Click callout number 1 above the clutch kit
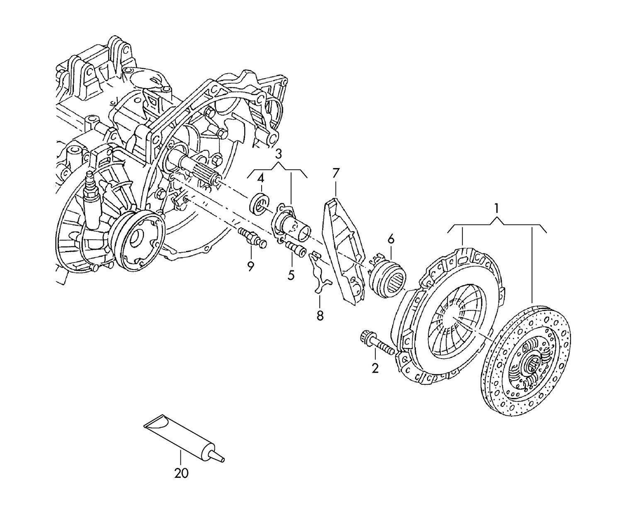(496, 209)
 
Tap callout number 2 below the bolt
(375, 368)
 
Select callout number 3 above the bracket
(278, 154)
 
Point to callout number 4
(260, 179)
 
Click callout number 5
(291, 274)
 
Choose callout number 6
(391, 239)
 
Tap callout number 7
(335, 173)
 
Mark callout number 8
(320, 315)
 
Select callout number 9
(250, 266)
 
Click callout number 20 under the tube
(181, 473)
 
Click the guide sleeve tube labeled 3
(295, 227)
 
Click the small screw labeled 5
(295, 249)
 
